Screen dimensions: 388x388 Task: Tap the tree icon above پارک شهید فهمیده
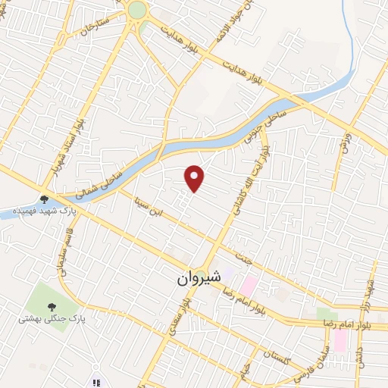tap(44, 199)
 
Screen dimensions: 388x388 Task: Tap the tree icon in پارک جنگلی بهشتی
tap(52, 307)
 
